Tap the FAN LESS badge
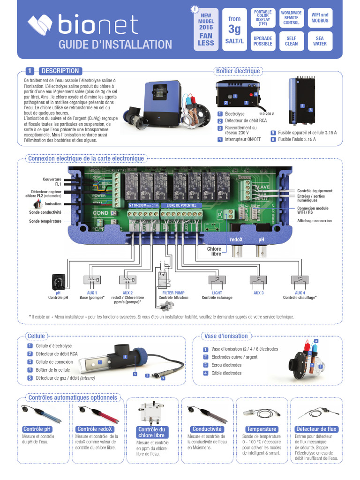(x=206, y=39)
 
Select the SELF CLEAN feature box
(x=291, y=41)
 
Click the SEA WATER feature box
(x=320, y=41)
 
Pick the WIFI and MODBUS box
(x=320, y=18)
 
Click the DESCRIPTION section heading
(x=60, y=71)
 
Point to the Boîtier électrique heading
(x=237, y=71)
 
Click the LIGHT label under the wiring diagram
(x=217, y=292)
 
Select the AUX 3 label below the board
(x=258, y=292)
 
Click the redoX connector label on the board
(x=236, y=239)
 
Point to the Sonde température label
(x=45, y=221)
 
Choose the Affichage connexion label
(x=314, y=220)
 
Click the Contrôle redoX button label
(x=96, y=429)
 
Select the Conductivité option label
(x=207, y=429)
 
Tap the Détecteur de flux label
(x=316, y=429)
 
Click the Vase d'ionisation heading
(x=226, y=336)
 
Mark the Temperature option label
(x=262, y=429)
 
